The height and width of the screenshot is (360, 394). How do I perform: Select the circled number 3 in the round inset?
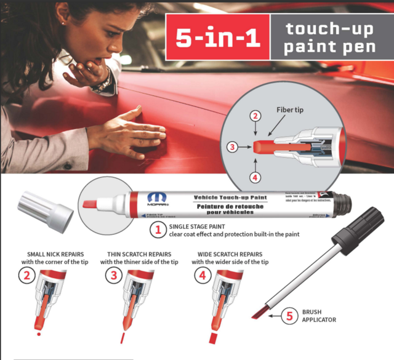click(231, 146)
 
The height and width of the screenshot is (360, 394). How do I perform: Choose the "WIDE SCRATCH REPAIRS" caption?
click(230, 254)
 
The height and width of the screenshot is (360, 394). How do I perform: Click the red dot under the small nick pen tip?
click(39, 334)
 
